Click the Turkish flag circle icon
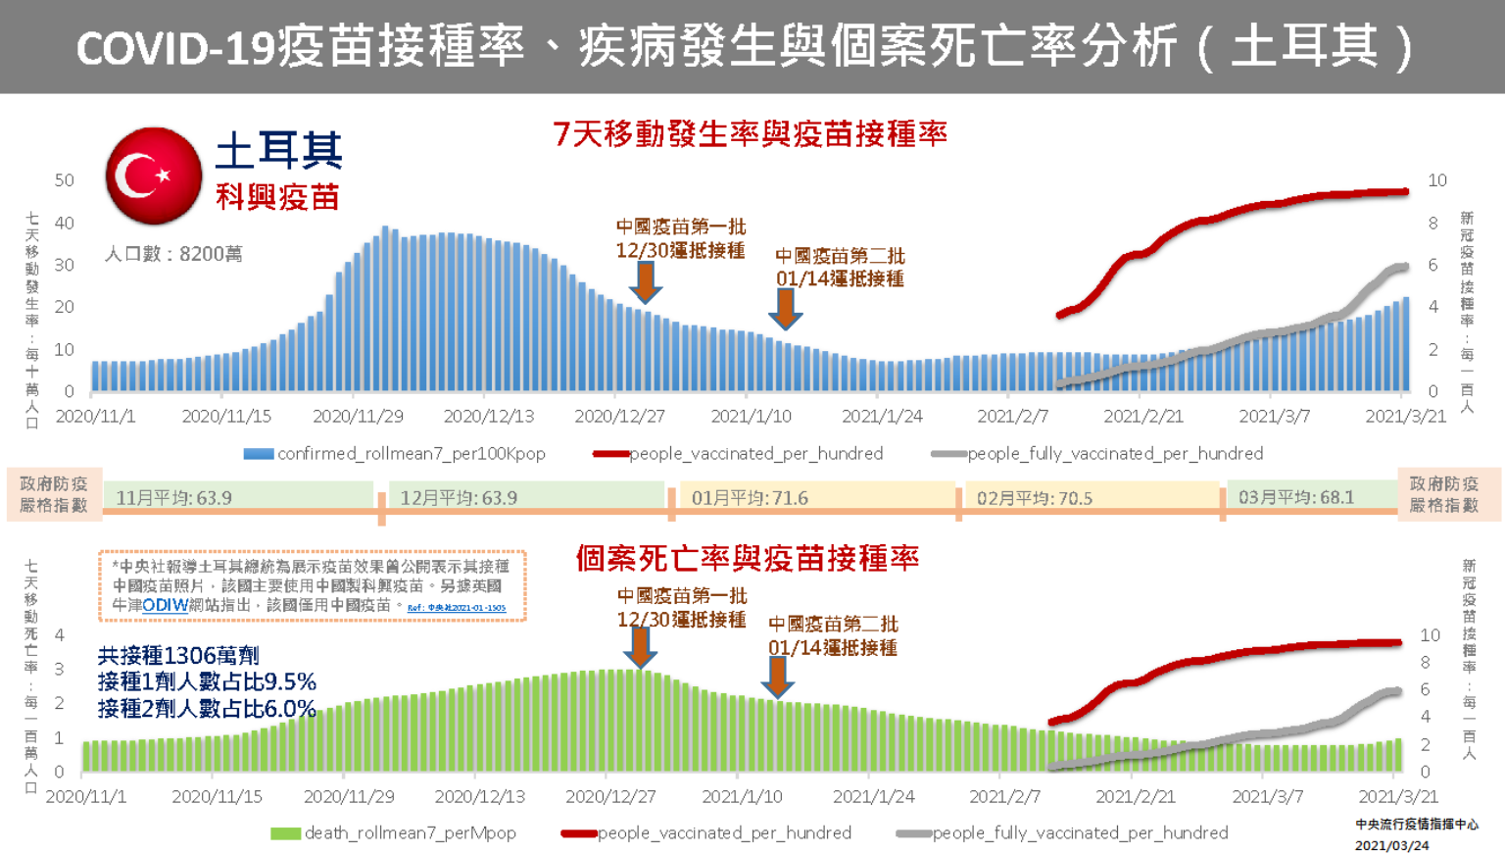point(154,176)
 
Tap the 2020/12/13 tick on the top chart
point(489,416)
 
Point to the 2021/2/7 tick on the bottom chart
point(1004,796)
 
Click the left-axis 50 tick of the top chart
point(65,180)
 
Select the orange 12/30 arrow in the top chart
point(645,282)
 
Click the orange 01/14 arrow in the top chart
point(785,308)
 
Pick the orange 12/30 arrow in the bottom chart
point(640,647)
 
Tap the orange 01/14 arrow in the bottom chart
point(777,677)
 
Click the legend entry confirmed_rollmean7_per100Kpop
point(395,453)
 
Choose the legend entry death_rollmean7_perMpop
point(394,832)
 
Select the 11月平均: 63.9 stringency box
point(239,497)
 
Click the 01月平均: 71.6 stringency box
point(816,497)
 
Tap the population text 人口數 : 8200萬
point(173,254)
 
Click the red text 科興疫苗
point(277,197)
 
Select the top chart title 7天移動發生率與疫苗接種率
point(751,133)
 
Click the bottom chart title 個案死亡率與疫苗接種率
point(748,558)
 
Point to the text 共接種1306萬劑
point(178,655)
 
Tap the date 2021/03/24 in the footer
point(1391,845)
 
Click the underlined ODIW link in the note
point(165,605)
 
